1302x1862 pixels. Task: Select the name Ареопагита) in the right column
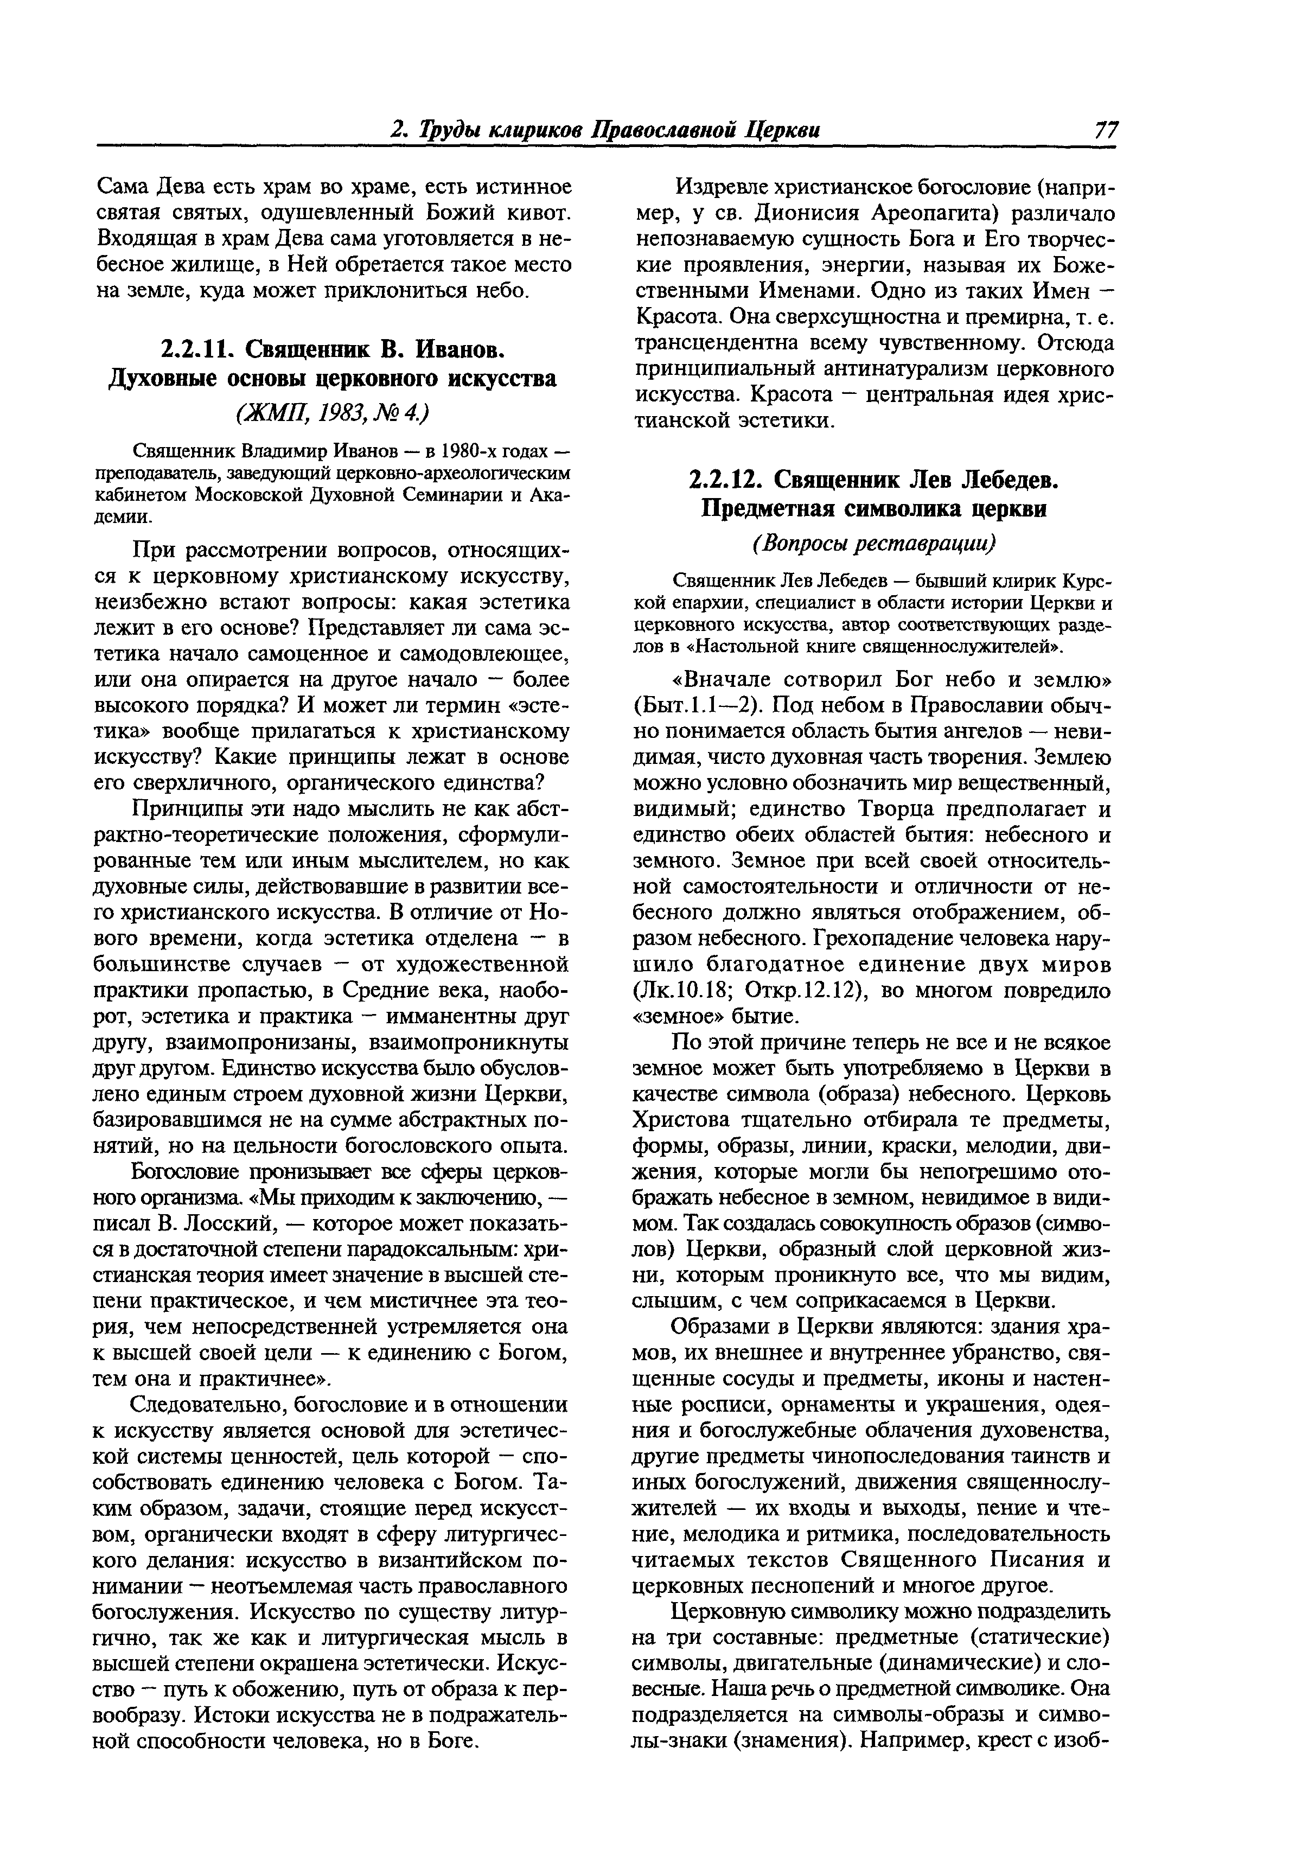pyautogui.click(x=928, y=214)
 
